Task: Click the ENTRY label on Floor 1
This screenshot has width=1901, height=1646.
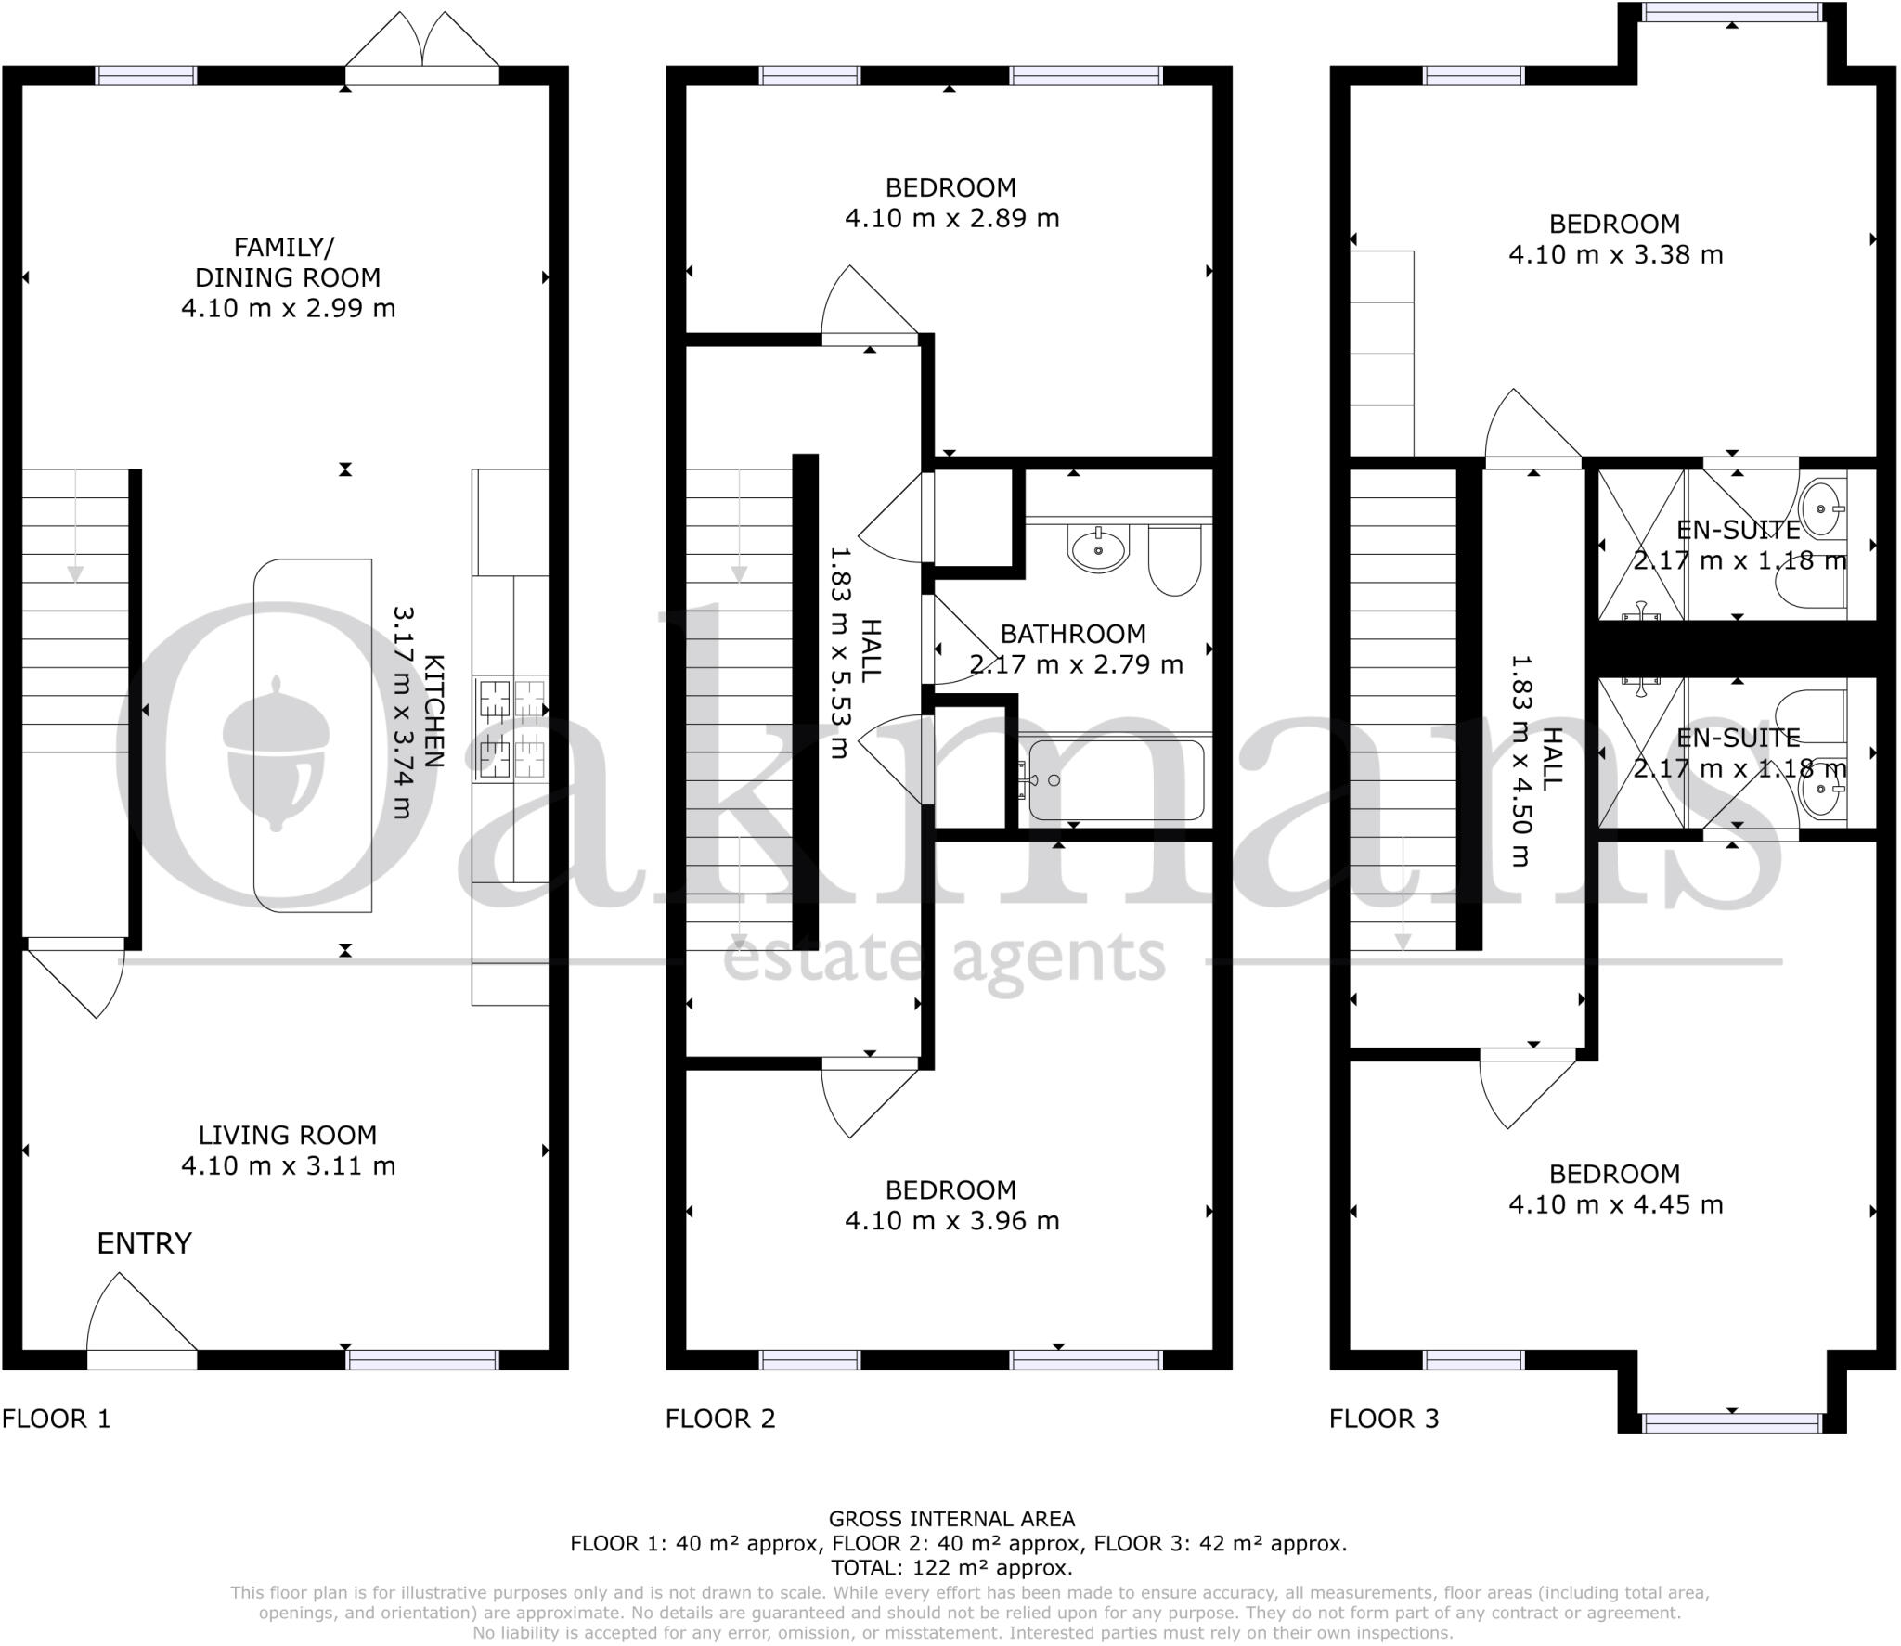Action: (144, 1243)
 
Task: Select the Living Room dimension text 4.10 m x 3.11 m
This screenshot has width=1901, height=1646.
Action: (288, 1166)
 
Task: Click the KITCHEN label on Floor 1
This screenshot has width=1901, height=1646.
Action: (433, 711)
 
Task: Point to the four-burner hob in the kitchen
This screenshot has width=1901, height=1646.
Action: (511, 729)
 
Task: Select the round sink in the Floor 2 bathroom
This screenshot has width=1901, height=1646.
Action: (1098, 548)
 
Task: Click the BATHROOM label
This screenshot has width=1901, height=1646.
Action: (1073, 635)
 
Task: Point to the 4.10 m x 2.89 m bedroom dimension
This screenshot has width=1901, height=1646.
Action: (951, 219)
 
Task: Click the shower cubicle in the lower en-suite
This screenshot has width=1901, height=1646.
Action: (1641, 753)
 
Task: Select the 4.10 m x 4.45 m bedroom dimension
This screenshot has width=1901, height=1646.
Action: (1615, 1205)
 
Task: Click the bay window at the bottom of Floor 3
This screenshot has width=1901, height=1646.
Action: (1732, 1422)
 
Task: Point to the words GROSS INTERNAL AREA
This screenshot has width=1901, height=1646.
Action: (951, 1519)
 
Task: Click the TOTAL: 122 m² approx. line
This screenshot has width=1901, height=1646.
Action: (951, 1568)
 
